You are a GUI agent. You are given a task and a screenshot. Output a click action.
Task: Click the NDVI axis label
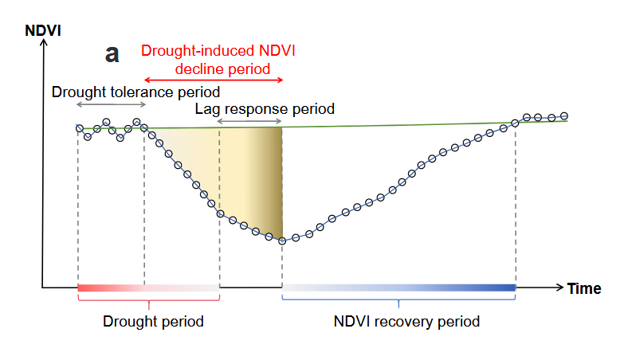click(x=43, y=32)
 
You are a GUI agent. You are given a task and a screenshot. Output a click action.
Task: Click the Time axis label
click(x=583, y=288)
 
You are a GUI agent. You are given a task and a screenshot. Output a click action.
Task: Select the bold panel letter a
click(x=112, y=54)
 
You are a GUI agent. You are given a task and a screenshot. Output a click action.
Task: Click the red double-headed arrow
click(x=213, y=80)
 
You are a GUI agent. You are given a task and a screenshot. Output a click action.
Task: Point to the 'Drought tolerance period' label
click(x=135, y=92)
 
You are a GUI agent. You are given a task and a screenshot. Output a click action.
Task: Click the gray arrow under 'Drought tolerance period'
click(x=111, y=105)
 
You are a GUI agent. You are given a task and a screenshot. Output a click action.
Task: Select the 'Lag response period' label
click(x=265, y=108)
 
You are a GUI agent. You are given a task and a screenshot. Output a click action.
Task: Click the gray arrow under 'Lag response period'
click(x=249, y=121)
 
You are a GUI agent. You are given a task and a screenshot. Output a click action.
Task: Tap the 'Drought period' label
click(x=153, y=322)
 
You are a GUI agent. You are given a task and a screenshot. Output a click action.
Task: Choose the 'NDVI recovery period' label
click(x=406, y=322)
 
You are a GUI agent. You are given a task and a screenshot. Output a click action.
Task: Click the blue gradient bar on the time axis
click(x=398, y=288)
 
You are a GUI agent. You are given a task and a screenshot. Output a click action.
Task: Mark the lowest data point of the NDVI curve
click(x=282, y=241)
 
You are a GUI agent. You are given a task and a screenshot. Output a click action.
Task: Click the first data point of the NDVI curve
click(x=79, y=128)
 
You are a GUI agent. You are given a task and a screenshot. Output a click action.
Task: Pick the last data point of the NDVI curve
click(x=564, y=116)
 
